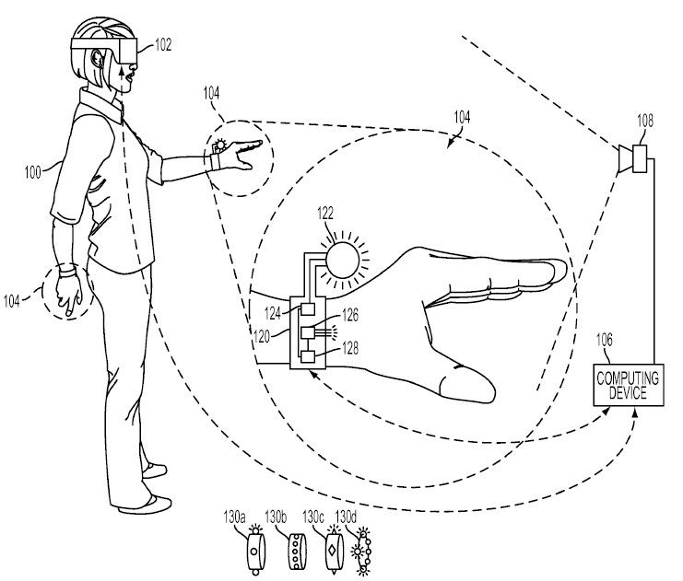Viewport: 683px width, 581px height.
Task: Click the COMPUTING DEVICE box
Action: coord(629,385)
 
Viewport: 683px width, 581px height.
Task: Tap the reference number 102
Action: coord(163,44)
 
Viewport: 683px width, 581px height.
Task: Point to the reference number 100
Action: coord(32,172)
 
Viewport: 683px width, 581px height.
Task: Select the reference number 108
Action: coord(645,120)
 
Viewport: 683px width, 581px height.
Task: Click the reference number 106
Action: coord(604,340)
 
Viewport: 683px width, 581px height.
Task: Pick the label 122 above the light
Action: coord(325,214)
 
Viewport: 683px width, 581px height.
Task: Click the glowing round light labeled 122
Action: coord(343,261)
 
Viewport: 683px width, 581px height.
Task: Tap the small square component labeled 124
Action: coord(308,309)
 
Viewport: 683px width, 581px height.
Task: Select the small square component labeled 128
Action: coord(308,356)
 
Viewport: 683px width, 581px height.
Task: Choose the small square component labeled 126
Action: coord(308,333)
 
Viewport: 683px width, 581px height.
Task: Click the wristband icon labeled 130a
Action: coord(255,550)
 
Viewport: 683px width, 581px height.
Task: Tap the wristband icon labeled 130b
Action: coord(297,550)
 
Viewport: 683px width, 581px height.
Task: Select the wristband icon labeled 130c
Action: coord(334,550)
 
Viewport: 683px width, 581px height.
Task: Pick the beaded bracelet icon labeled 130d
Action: coord(362,552)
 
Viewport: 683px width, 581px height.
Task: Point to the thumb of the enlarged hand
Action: coord(466,383)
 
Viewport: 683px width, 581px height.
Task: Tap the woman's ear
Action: coord(96,58)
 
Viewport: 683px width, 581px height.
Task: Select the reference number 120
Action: coord(262,336)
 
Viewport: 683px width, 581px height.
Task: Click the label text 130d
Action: coord(346,517)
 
